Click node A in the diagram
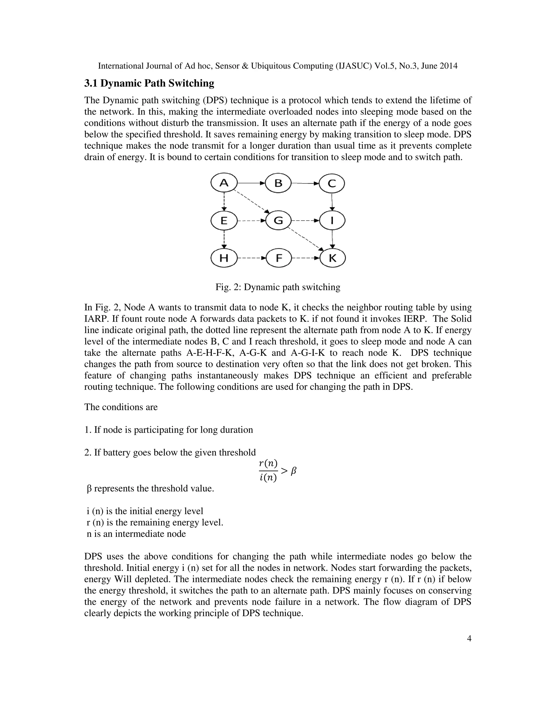tap(224, 183)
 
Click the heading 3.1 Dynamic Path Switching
tap(149, 84)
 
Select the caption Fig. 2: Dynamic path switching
tap(278, 287)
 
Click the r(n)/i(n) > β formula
tap(277, 470)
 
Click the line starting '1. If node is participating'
tap(168, 430)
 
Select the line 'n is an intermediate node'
tap(136, 534)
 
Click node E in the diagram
tap(224, 221)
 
